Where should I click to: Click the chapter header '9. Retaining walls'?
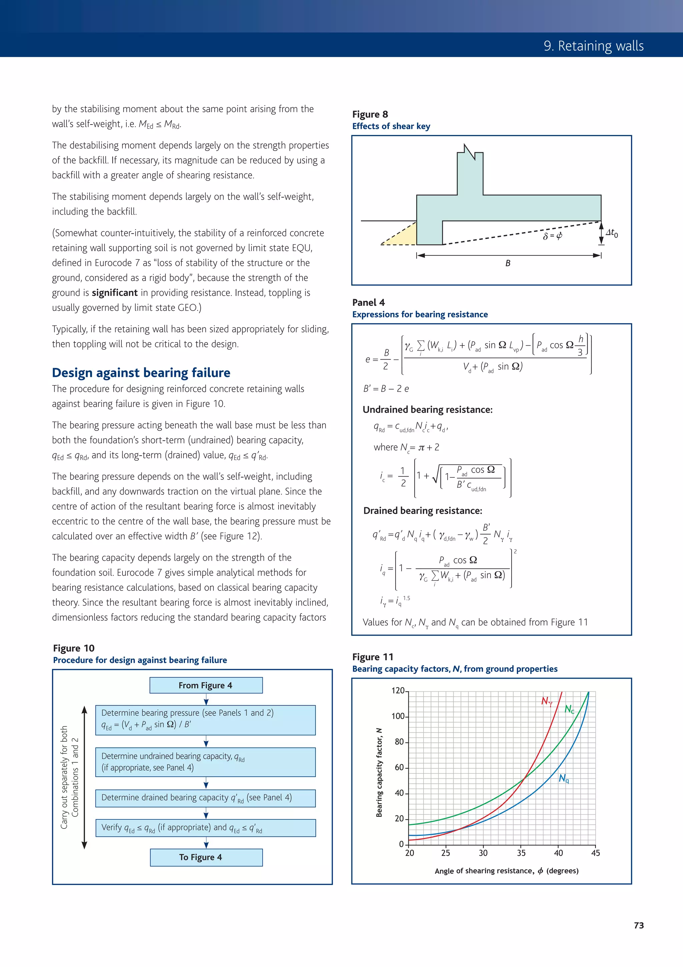click(593, 45)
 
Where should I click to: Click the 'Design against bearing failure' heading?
click(141, 373)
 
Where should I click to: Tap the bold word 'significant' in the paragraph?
click(114, 293)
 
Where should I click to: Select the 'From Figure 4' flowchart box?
click(206, 685)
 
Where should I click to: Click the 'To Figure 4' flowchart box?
click(206, 857)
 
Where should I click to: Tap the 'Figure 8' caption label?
click(370, 114)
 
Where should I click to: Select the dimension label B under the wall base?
click(508, 263)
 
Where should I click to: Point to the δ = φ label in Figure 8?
click(552, 236)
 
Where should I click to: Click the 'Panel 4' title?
click(368, 302)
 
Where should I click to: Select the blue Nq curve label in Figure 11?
click(564, 779)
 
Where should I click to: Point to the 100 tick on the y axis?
click(398, 716)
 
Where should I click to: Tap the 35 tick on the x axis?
click(521, 853)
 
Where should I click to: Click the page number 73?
click(638, 925)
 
